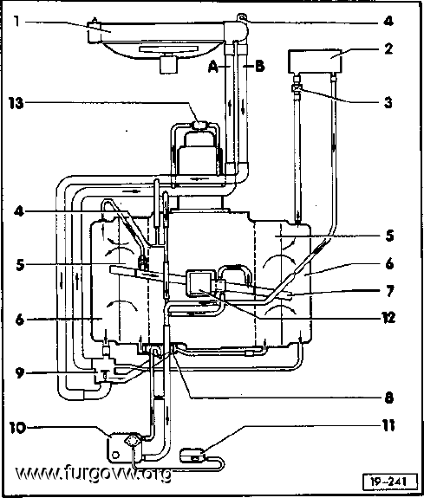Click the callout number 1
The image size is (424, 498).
point(16,22)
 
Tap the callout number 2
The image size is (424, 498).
point(388,49)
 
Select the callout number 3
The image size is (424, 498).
point(388,102)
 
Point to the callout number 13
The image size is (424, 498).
point(16,103)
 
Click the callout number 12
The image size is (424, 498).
point(388,317)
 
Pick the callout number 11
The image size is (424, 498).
point(388,425)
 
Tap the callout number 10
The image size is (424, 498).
point(17,428)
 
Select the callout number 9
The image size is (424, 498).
point(20,373)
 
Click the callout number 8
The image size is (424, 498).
point(389,398)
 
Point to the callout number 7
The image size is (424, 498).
point(389,291)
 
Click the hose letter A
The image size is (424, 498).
point(213,67)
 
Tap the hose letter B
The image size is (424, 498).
point(259,66)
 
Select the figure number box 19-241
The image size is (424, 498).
point(389,482)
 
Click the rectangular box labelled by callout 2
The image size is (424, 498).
point(315,61)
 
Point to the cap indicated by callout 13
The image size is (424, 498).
point(200,125)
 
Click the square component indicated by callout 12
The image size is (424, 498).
point(199,283)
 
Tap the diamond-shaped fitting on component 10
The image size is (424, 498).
point(132,441)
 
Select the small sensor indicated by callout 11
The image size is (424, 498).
point(192,454)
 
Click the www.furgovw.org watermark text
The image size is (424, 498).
point(93,474)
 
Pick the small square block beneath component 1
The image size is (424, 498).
point(168,64)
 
